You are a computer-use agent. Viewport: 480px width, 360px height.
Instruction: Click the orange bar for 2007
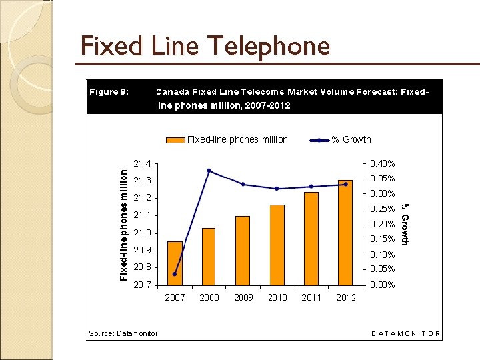click(175, 263)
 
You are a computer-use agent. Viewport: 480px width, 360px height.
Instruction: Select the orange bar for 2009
click(243, 251)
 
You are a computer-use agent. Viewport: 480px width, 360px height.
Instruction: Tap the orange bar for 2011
click(311, 239)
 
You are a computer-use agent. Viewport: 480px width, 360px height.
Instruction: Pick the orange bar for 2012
click(345, 233)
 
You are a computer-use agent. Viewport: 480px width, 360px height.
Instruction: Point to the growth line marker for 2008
click(209, 171)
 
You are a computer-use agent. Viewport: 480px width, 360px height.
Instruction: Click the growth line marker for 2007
click(175, 274)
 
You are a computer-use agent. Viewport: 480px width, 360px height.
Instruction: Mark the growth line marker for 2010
click(277, 189)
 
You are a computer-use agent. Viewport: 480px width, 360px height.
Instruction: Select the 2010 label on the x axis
click(277, 297)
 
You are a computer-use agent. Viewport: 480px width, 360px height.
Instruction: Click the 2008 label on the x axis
click(209, 297)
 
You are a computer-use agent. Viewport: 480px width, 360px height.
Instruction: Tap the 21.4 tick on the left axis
click(142, 163)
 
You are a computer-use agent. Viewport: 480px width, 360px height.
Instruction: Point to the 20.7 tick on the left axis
click(142, 285)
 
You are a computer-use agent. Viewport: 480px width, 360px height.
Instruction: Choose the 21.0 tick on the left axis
click(142, 233)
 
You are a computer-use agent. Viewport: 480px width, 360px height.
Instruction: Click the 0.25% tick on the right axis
click(382, 209)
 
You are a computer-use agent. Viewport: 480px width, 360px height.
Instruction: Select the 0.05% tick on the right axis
click(382, 269)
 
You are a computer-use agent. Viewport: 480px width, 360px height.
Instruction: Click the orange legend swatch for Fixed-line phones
click(175, 140)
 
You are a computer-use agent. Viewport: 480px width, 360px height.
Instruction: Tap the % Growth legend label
click(351, 139)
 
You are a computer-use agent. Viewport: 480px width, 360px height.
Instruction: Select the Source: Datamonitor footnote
click(123, 333)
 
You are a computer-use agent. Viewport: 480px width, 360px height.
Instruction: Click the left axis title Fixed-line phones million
click(123, 223)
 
